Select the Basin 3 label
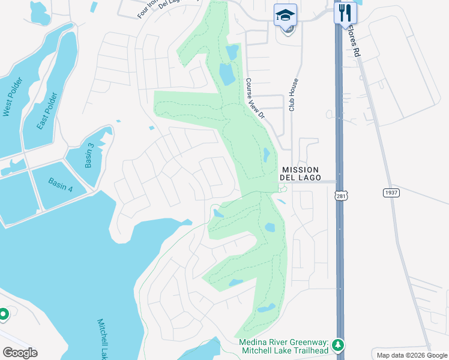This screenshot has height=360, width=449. coord(90,155)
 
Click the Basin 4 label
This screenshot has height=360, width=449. coord(61,185)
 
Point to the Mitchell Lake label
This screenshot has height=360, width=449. coord(106,339)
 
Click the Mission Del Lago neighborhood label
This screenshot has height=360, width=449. coord(300,174)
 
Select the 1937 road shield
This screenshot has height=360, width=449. coord(391,193)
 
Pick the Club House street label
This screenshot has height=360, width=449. coord(293,96)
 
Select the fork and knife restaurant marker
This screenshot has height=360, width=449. coord(345,13)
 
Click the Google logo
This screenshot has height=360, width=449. coord(20,353)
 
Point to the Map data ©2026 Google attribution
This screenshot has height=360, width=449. coord(412,355)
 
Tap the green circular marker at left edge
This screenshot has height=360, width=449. coord(3,314)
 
